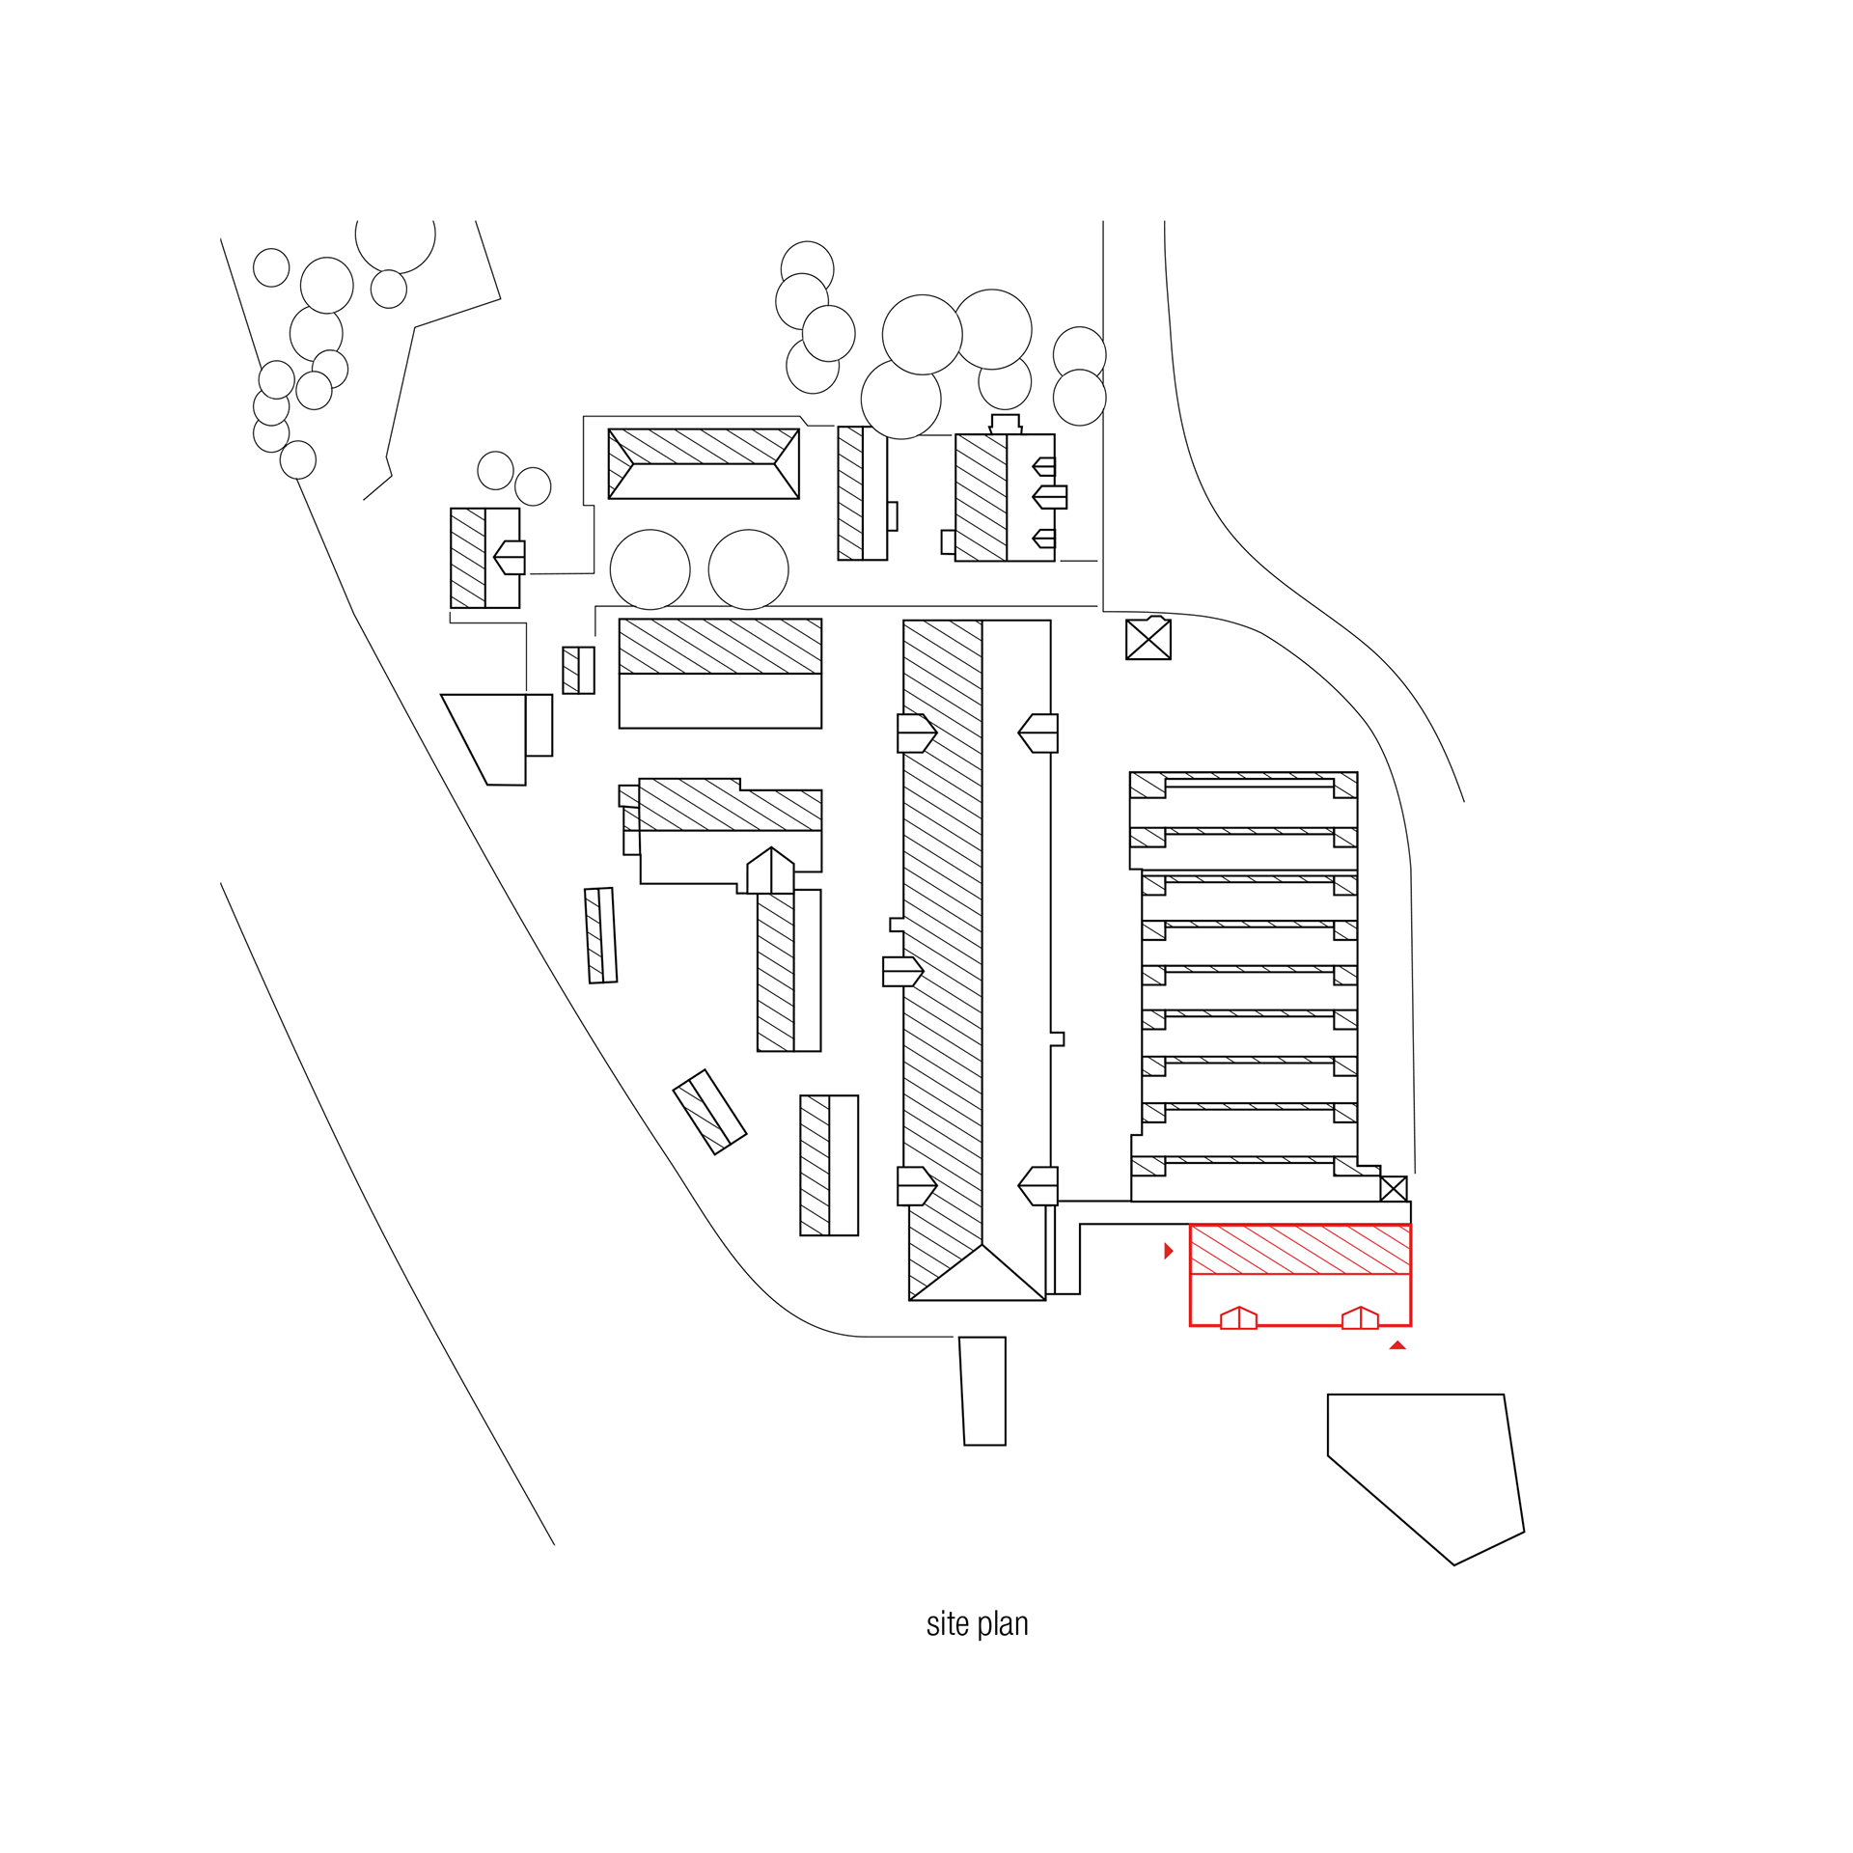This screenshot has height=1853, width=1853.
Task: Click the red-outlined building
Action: (1300, 1274)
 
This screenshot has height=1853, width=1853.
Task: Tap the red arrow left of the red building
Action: (1168, 1251)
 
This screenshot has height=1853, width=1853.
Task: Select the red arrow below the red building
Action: (1397, 1345)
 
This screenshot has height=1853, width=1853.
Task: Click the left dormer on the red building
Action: (1238, 1318)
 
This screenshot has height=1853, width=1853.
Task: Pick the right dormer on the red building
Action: (1360, 1318)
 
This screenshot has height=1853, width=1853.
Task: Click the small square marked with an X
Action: (1393, 1189)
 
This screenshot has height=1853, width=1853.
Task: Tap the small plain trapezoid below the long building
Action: (983, 1391)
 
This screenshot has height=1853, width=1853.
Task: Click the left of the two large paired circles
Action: (650, 569)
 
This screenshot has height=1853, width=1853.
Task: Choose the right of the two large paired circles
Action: (748, 569)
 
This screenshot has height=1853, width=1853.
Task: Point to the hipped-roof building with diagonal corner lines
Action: (703, 463)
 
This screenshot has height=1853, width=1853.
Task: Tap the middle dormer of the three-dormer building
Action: (1049, 497)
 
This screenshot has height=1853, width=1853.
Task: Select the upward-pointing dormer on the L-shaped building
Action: (770, 871)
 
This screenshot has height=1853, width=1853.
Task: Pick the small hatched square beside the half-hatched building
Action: (577, 670)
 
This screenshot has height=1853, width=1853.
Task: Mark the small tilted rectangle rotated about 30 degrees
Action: (709, 1111)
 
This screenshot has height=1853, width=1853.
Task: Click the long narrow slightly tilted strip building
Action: (601, 934)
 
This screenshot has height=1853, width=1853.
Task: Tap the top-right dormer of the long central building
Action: (1037, 733)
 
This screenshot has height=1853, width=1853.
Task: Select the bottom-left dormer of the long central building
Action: (916, 1185)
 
